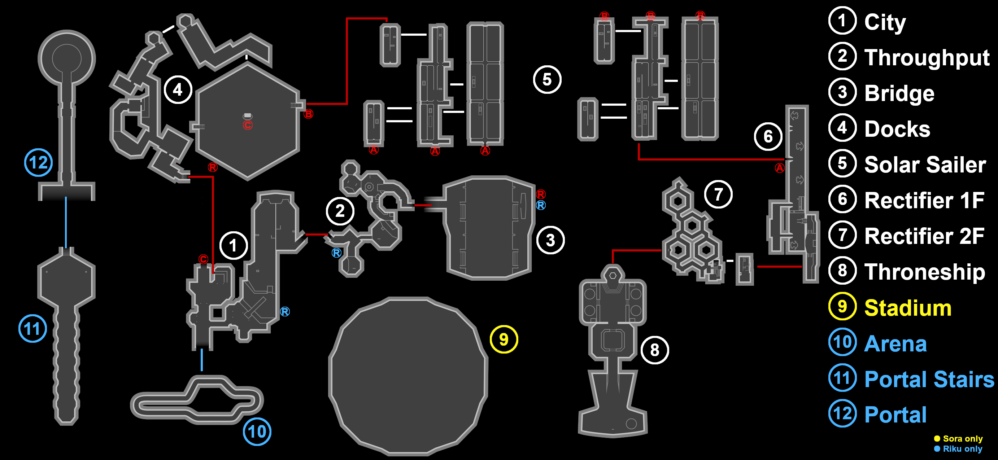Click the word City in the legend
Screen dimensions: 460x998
point(885,22)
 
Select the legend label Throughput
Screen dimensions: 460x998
point(927,58)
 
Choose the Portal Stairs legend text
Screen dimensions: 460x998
point(929,379)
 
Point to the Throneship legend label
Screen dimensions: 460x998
point(924,272)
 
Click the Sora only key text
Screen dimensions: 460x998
point(962,439)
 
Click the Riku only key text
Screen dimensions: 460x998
point(962,449)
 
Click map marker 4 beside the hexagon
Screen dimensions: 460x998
point(178,90)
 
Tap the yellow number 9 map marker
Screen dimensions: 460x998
point(504,339)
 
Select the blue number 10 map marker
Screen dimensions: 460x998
point(257,431)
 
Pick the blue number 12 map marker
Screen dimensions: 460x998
point(38,163)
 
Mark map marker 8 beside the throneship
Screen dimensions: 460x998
point(654,350)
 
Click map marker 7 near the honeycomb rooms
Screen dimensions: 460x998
point(718,194)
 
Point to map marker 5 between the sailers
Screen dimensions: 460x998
point(547,80)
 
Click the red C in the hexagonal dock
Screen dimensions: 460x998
point(248,125)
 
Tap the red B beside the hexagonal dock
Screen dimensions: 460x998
point(308,114)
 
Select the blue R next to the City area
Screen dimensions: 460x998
point(285,312)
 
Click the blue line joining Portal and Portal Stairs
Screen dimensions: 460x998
point(66,223)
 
